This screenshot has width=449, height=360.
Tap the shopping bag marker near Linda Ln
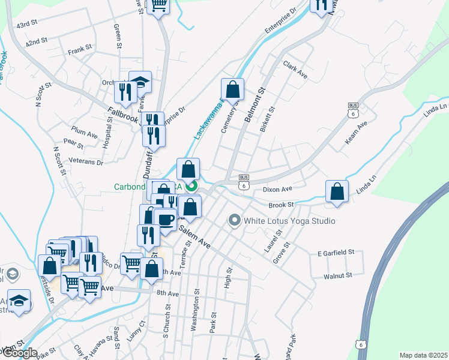coord(337,191)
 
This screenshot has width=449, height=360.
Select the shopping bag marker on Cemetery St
coord(232,89)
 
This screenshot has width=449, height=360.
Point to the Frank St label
coord(79,46)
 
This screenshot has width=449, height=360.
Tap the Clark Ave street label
coord(295,70)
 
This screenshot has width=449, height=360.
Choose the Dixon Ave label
coord(277,188)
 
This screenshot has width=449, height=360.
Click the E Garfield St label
coord(333,254)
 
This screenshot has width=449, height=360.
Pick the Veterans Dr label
coord(86,162)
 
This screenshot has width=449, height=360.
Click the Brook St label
coord(280,205)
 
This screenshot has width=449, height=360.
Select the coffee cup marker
coord(165,218)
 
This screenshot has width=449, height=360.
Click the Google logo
coord(19,353)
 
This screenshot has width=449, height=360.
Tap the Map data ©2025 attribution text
coord(423,355)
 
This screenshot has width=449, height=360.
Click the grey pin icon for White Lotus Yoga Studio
coord(234,221)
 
